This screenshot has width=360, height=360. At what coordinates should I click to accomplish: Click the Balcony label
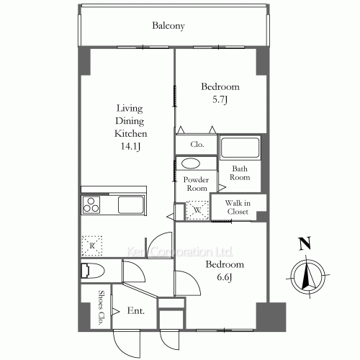click(x=168, y=26)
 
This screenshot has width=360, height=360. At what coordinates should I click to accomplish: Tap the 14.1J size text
click(x=130, y=146)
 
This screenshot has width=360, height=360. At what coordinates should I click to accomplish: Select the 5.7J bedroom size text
click(x=220, y=99)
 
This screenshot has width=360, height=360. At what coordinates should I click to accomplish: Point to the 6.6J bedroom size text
click(x=225, y=277)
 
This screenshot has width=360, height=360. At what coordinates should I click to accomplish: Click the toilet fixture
click(x=93, y=271)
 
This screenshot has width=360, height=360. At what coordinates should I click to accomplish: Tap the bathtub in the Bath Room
click(x=240, y=147)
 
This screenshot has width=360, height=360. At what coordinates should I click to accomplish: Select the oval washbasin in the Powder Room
click(x=191, y=164)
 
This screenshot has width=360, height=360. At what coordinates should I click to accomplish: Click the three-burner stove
click(x=91, y=204)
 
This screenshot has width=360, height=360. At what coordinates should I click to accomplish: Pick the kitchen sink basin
click(x=131, y=204)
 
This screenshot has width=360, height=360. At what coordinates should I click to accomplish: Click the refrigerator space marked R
click(x=92, y=246)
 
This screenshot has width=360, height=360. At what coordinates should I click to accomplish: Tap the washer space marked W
click(x=197, y=210)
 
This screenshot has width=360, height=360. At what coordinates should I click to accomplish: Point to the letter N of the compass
click(x=305, y=243)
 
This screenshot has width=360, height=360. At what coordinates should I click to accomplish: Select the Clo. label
click(x=197, y=144)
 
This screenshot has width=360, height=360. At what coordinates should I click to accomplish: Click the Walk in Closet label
click(x=238, y=207)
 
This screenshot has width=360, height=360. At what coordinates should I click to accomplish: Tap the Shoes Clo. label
click(x=102, y=307)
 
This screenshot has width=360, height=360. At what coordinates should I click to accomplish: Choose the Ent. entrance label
click(x=136, y=311)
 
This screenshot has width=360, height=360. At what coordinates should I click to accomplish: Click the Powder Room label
click(x=196, y=184)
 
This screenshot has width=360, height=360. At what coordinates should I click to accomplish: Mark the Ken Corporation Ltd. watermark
click(x=180, y=252)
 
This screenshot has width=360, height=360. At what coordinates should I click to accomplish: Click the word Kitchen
click(x=131, y=133)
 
